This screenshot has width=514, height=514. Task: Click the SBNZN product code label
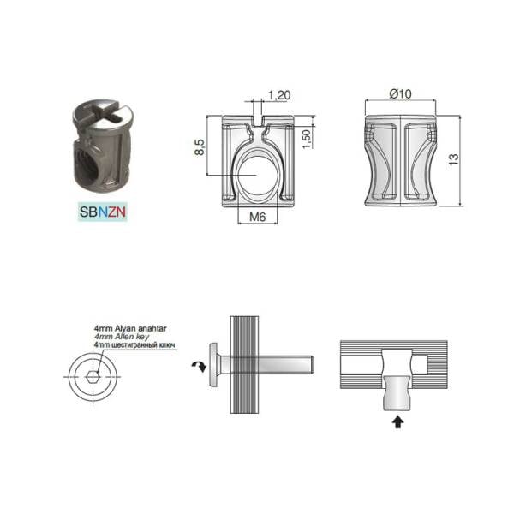[x=103, y=211]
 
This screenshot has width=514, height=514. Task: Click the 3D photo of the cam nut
[x=102, y=146]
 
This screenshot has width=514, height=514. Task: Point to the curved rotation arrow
[x=197, y=367]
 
